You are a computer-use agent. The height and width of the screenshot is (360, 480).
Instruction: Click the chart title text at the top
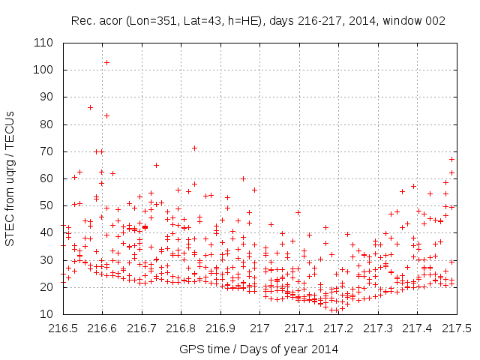(x=258, y=21)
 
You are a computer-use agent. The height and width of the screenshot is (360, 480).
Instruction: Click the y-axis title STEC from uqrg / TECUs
(x=10, y=178)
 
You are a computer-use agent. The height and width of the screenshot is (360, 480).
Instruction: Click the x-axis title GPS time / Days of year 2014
(x=259, y=349)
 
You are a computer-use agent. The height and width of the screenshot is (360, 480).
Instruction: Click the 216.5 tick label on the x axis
(x=63, y=328)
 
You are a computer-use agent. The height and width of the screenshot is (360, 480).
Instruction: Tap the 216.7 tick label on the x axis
(x=142, y=328)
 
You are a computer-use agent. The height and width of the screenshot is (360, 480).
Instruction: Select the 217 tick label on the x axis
(x=260, y=328)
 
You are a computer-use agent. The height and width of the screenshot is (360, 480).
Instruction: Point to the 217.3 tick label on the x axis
(x=378, y=328)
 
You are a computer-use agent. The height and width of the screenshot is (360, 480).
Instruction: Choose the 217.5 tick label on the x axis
(x=457, y=328)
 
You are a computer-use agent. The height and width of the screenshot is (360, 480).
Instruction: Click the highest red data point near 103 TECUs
(x=106, y=62)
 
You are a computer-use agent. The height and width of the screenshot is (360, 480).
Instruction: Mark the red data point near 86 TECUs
(x=91, y=107)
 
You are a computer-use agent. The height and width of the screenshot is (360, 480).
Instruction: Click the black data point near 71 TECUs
(x=194, y=148)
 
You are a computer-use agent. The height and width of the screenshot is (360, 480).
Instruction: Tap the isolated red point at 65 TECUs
(x=156, y=165)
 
